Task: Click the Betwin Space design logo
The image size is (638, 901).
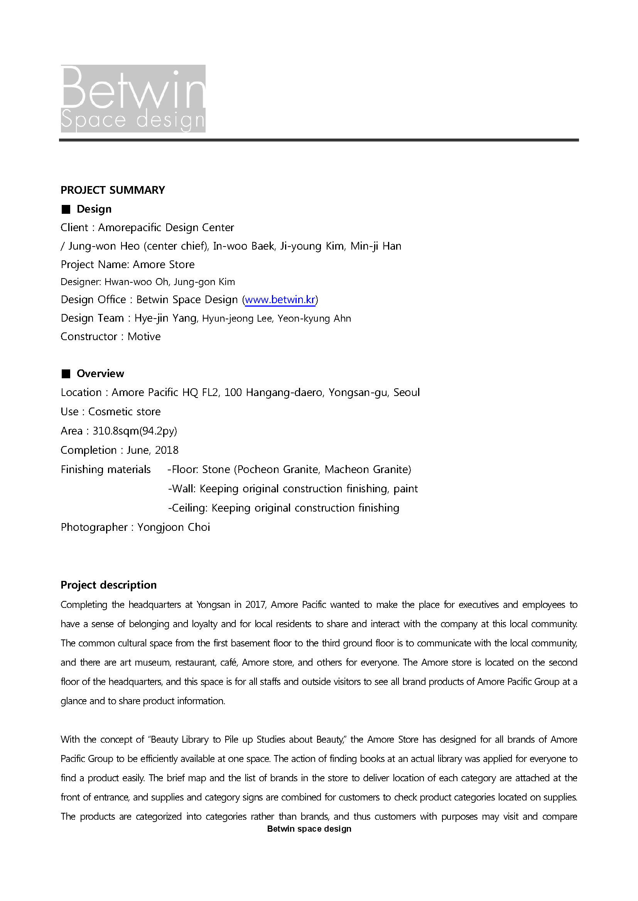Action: pyautogui.click(x=133, y=99)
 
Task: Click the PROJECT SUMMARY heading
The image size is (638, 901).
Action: pyautogui.click(x=113, y=190)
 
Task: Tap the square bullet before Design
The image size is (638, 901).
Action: pyautogui.click(x=66, y=210)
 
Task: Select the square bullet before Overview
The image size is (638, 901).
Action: pyautogui.click(x=66, y=374)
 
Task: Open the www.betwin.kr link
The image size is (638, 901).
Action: pyautogui.click(x=280, y=300)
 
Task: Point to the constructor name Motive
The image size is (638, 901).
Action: pyautogui.click(x=144, y=337)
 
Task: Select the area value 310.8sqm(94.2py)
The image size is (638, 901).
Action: pyautogui.click(x=135, y=431)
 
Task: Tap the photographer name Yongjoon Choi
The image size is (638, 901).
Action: pyautogui.click(x=174, y=527)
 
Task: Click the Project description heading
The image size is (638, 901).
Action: pyautogui.click(x=108, y=585)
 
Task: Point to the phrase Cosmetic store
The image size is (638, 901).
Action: pyautogui.click(x=124, y=412)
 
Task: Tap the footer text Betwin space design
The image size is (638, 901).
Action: pyautogui.click(x=309, y=829)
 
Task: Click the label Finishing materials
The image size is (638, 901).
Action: pyautogui.click(x=106, y=469)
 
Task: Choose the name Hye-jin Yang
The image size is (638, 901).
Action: pyautogui.click(x=165, y=318)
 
